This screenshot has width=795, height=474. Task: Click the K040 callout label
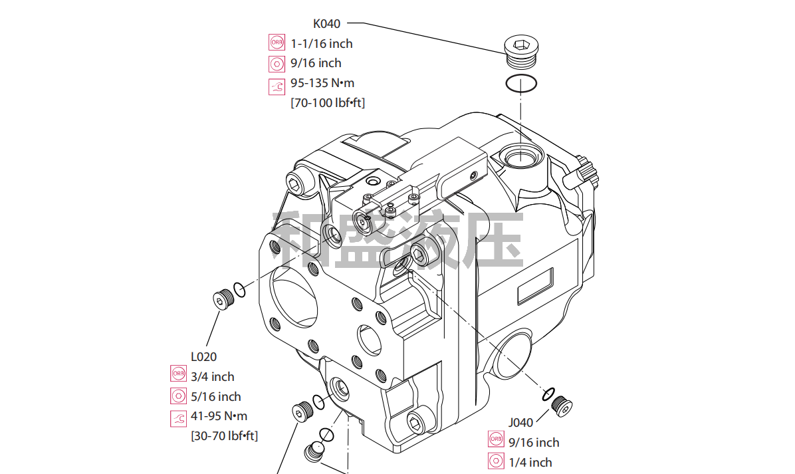(326, 24)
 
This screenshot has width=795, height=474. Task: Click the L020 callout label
(203, 357)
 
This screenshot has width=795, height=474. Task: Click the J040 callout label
(520, 422)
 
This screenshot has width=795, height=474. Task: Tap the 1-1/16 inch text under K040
(322, 44)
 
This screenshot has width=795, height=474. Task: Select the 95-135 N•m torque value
(322, 83)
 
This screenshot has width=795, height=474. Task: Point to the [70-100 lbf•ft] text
(328, 103)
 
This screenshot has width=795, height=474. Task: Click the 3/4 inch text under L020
(213, 377)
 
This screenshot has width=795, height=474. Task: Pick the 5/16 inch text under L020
(216, 397)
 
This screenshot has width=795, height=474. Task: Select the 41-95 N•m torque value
(219, 416)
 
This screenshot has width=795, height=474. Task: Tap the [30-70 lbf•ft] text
(225, 436)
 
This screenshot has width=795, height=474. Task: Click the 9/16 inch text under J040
(534, 443)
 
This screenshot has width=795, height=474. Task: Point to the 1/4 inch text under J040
(530, 463)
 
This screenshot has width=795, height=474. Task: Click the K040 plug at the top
(520, 51)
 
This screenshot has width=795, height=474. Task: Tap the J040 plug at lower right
(562, 406)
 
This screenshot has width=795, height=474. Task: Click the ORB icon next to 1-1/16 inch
(277, 43)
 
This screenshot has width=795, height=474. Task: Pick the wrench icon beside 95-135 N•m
(277, 84)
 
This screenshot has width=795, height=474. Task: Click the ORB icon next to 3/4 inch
(179, 375)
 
